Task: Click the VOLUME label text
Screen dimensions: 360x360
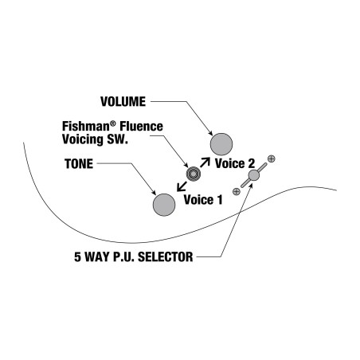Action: [x=123, y=102]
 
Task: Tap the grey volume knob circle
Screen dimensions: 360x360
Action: [x=221, y=144]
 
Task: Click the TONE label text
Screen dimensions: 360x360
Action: [x=79, y=164]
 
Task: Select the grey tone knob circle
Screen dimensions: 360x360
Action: [x=164, y=205]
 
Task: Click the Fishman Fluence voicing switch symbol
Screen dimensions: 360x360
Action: [x=194, y=174]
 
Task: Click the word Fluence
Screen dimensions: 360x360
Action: [x=141, y=127]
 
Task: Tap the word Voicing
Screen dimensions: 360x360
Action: [x=82, y=139]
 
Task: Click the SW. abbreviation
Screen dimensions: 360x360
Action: [x=117, y=139]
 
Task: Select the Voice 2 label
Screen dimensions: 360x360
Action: [x=235, y=163]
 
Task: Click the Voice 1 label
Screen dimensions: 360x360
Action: [x=203, y=200]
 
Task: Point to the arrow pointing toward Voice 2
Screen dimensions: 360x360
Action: [x=205, y=162]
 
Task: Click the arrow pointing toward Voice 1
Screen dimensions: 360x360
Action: [x=182, y=186]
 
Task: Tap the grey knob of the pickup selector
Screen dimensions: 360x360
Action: [x=254, y=175]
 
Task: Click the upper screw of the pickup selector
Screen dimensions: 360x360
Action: [x=271, y=159]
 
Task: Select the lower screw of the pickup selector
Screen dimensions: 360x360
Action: [x=237, y=191]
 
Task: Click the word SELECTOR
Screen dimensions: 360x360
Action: [x=166, y=257]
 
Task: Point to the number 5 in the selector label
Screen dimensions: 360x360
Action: [x=77, y=257]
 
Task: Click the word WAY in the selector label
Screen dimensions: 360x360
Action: [x=97, y=257]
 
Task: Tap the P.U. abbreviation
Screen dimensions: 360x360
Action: [x=123, y=257]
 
